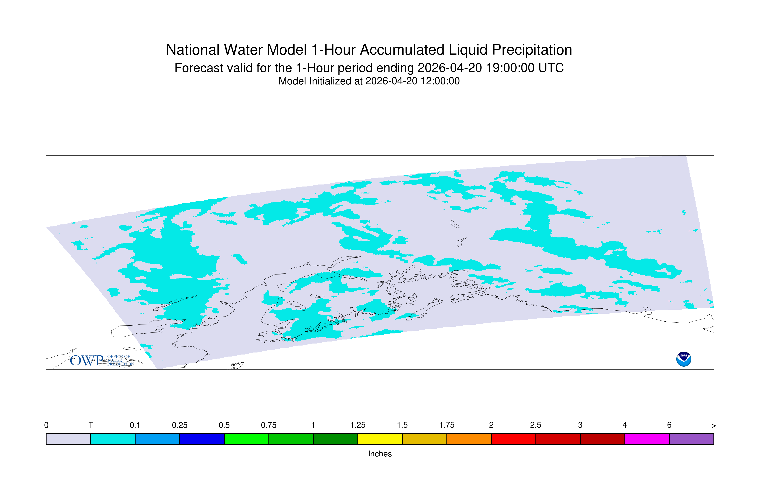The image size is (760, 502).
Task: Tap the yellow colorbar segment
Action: [x=380, y=439]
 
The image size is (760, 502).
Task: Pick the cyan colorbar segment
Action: [x=113, y=439]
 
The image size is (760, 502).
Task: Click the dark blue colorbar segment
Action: [x=202, y=439]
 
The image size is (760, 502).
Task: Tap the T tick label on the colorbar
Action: [x=91, y=425]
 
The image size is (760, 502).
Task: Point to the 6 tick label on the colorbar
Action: [x=669, y=425]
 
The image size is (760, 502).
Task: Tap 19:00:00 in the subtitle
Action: [x=510, y=68]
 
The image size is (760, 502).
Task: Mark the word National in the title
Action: [x=193, y=50]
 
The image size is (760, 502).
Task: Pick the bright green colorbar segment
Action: [x=246, y=439]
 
